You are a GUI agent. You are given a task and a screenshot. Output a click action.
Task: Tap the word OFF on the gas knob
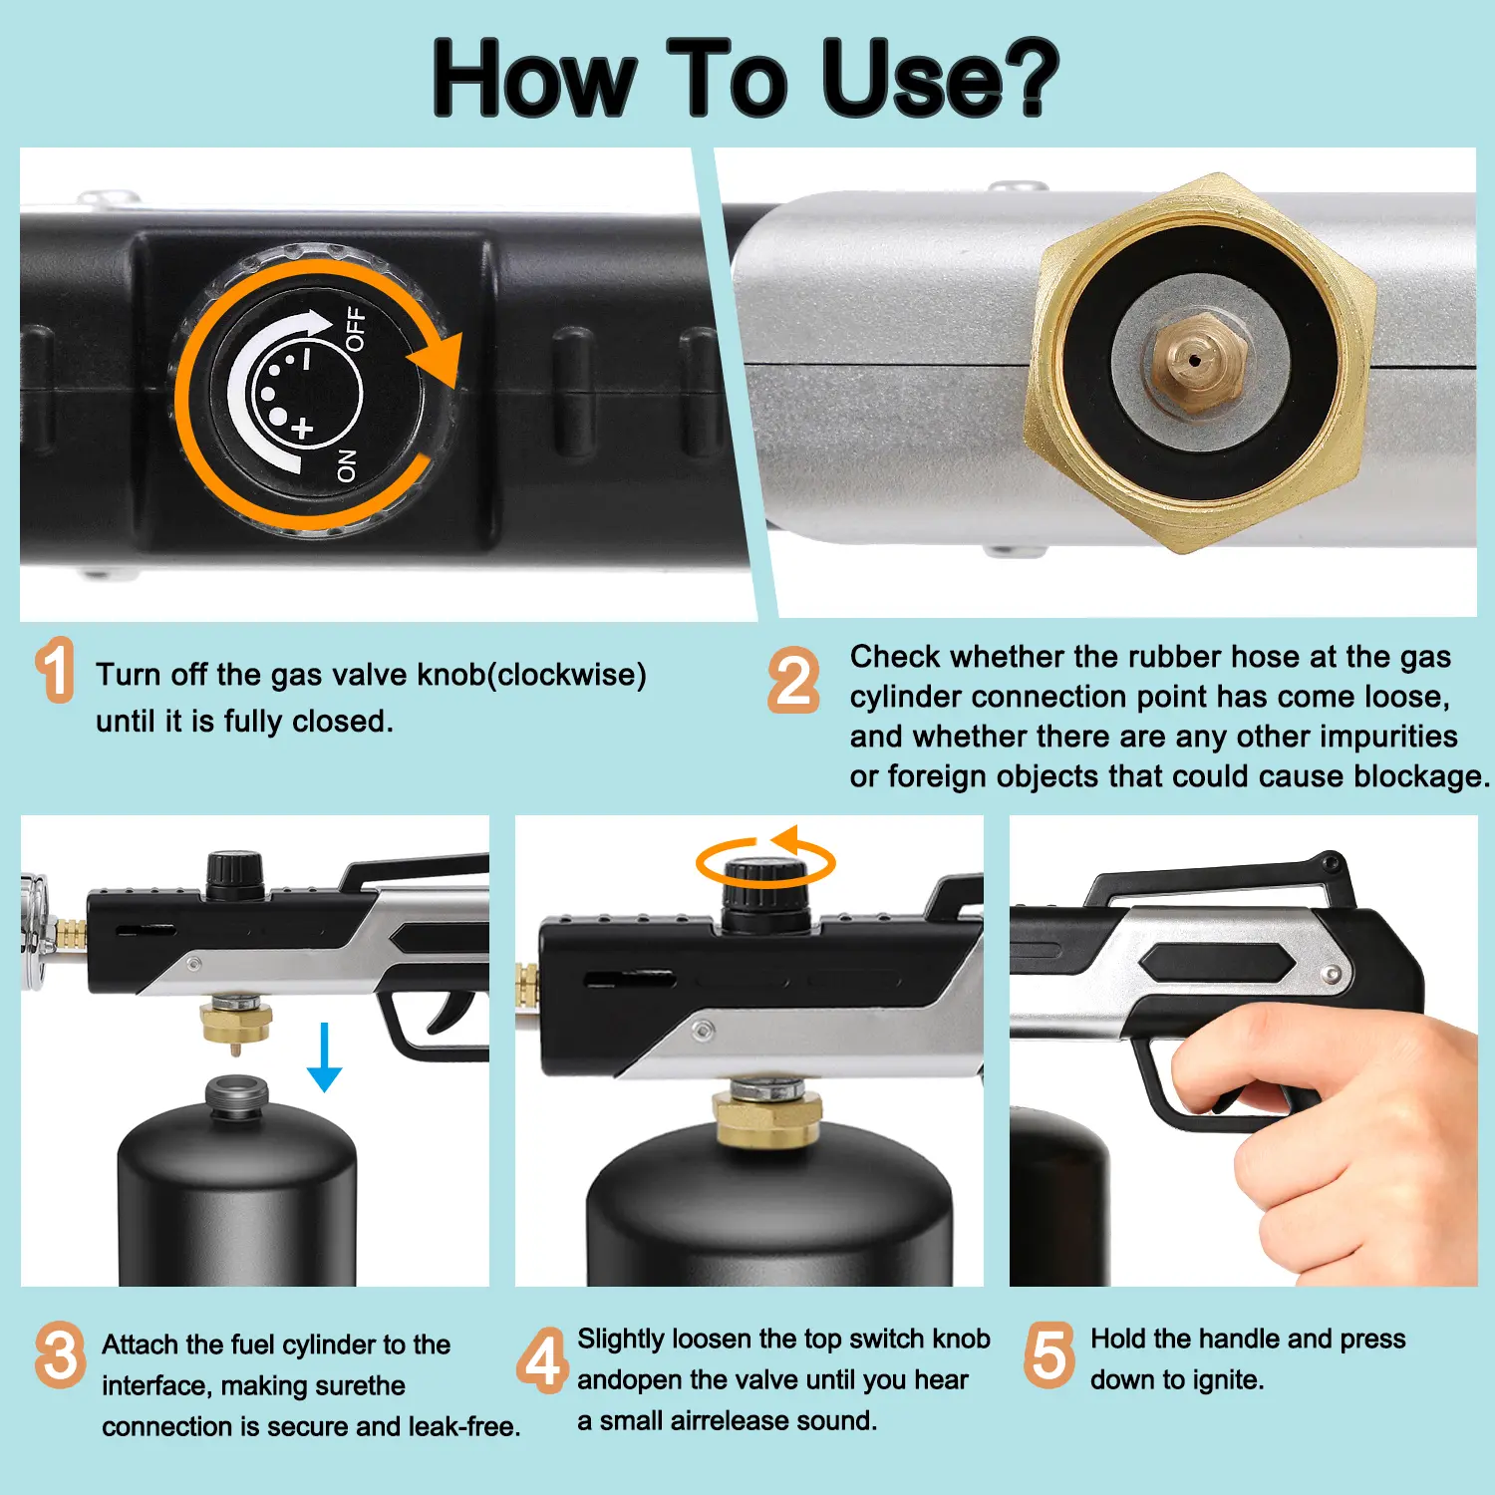355,330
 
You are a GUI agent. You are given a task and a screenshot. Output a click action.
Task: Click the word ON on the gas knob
347,465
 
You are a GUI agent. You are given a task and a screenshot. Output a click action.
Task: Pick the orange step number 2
794,680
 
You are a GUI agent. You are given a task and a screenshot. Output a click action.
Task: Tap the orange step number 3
60,1354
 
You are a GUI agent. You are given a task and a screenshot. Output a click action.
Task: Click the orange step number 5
1049,1355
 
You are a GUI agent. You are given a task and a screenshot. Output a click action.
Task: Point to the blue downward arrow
324,1057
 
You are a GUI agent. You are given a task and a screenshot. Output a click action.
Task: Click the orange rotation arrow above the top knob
765,859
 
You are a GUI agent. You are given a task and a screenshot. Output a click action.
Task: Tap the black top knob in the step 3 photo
234,874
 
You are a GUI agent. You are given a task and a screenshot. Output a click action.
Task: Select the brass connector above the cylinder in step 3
236,1023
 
